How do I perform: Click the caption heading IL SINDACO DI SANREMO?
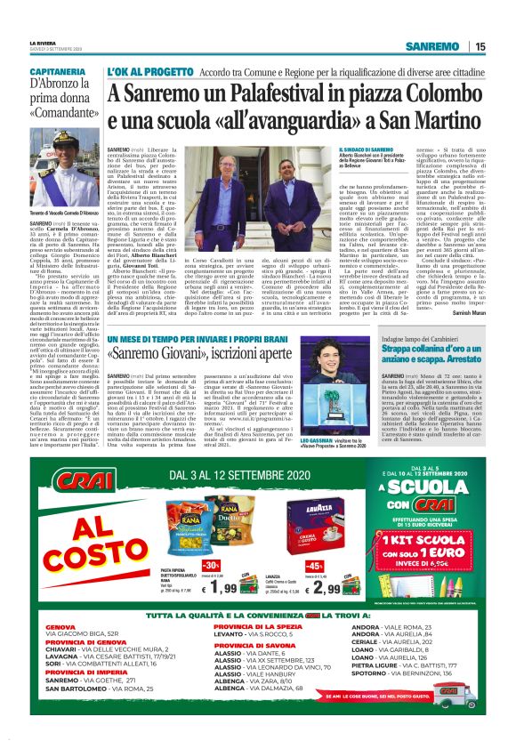tap(366, 149)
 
